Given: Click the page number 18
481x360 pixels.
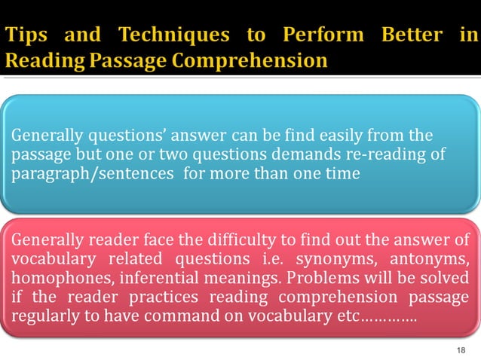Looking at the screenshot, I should point(461,350).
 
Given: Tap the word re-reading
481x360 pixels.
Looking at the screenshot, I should point(374,154).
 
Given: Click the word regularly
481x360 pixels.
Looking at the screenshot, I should point(44,316).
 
